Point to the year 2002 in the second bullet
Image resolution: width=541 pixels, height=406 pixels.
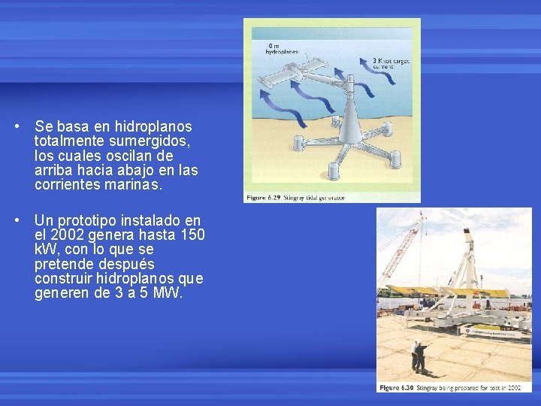[x=66, y=235]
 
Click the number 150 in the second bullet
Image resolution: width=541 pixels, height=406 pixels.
[x=193, y=235]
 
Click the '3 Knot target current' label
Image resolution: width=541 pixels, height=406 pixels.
[x=389, y=63]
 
